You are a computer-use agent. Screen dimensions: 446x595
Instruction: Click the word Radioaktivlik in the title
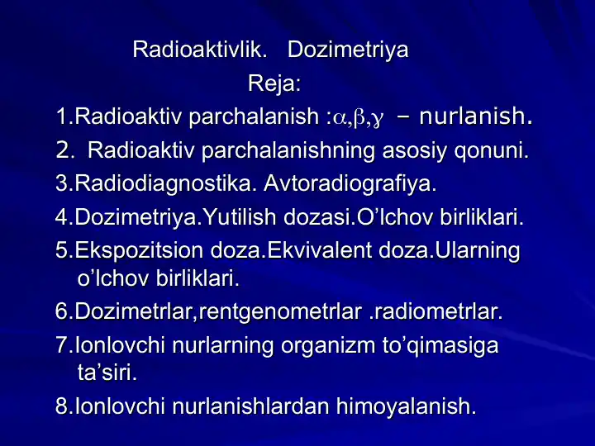point(199,50)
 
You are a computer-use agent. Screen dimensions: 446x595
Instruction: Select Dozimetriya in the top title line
point(347,50)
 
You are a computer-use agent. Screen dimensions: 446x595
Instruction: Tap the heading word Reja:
point(274,83)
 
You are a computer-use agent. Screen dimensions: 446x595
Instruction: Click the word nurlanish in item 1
point(474,117)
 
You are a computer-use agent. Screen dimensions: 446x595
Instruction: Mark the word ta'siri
point(106,372)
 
